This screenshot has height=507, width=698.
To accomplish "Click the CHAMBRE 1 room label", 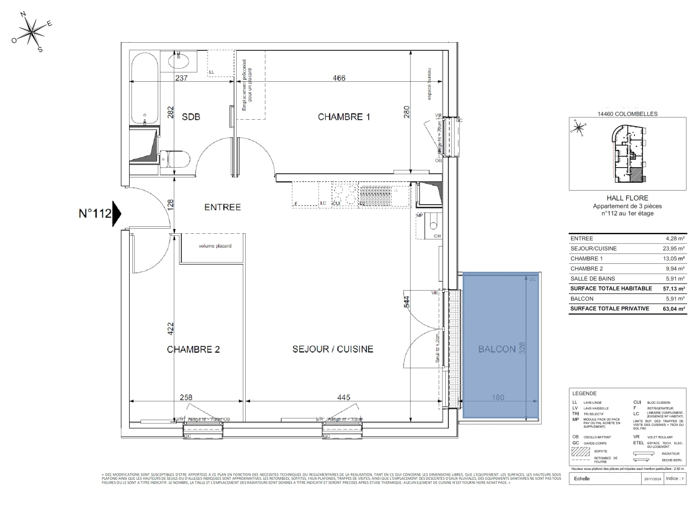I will (x=344, y=117).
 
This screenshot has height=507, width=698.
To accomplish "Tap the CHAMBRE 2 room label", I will (x=193, y=349).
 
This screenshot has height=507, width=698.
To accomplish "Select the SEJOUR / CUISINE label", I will (x=333, y=349).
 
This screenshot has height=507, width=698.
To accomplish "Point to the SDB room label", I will (x=191, y=116).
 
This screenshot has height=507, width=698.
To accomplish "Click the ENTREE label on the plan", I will (x=222, y=207).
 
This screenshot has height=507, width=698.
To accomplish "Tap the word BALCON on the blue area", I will (x=497, y=349).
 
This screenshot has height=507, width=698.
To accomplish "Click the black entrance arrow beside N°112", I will (x=116, y=214).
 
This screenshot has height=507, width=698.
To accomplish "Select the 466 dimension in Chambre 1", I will (x=339, y=78).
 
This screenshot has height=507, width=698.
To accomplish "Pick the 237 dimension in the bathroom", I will (x=181, y=78).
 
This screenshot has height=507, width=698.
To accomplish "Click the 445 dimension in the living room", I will (x=343, y=398).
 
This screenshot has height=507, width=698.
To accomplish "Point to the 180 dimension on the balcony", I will (x=498, y=398).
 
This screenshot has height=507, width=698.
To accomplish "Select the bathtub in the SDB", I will (x=144, y=89).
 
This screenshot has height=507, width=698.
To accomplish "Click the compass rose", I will (x=32, y=32).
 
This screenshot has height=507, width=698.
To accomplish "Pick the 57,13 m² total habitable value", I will (x=673, y=289).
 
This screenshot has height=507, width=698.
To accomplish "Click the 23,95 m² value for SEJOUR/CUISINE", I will (x=673, y=249).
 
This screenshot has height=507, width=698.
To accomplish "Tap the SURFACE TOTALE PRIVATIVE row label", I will (x=609, y=308).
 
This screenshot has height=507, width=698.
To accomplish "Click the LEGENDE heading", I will (x=584, y=393).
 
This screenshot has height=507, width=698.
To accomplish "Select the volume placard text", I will (x=215, y=246).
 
